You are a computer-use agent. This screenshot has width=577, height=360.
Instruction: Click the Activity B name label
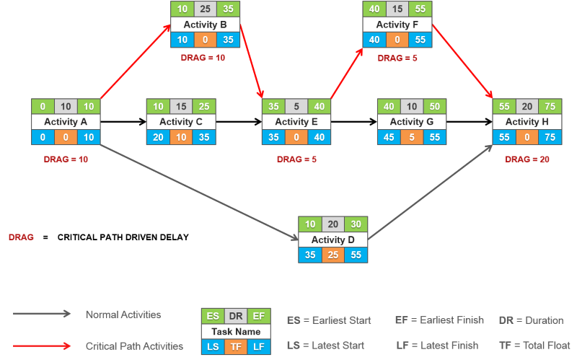pos(205,25)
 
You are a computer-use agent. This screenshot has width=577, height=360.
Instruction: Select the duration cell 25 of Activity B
pos(205,9)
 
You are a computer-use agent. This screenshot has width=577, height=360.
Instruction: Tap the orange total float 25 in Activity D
pos(332,255)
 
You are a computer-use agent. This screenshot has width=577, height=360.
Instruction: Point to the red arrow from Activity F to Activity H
pos(462,61)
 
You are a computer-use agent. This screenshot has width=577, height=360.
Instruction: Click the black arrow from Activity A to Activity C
pos(123,121)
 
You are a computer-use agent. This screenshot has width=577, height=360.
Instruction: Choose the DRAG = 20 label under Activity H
pos(527,159)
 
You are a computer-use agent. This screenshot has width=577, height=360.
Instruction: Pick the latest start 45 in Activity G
pos(389,137)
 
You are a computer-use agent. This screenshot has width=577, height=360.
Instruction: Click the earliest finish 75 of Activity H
pos(550,106)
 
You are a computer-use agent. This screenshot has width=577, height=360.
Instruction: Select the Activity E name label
pos(296,122)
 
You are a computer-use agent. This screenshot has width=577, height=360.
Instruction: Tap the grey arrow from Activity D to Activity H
pos(430,192)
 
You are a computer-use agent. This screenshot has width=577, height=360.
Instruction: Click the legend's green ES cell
pos(213,316)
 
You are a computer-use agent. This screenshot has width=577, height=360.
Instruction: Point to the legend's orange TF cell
pos(236,347)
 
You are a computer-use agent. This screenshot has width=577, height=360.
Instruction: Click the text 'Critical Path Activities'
pos(134,346)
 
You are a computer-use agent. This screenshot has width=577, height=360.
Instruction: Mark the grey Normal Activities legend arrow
pos(42,314)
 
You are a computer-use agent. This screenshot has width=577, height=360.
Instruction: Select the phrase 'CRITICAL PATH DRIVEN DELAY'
pos(123,237)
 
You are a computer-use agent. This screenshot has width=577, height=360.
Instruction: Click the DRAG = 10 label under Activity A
pos(66,159)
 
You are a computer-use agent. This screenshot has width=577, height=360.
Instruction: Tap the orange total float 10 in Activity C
pos(181,137)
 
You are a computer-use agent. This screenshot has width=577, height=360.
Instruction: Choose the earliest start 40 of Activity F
pos(374,9)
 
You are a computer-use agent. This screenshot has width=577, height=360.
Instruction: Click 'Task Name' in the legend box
pos(236,332)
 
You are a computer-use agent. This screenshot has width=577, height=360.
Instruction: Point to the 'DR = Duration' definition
pos(531,320)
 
